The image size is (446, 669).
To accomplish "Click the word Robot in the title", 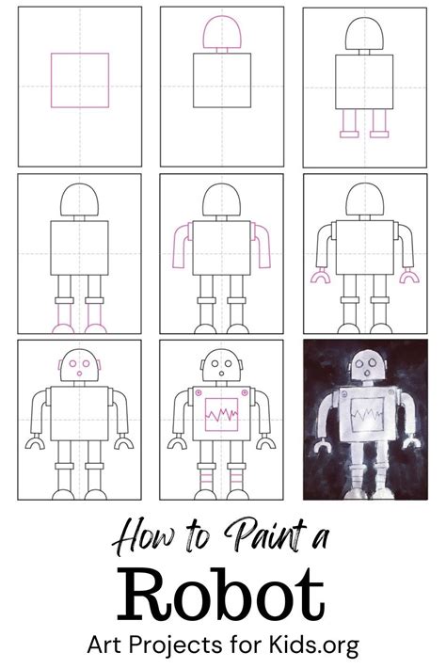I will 223,595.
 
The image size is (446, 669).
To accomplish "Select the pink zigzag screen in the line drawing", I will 220,414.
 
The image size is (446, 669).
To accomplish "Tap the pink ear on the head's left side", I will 61,364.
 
